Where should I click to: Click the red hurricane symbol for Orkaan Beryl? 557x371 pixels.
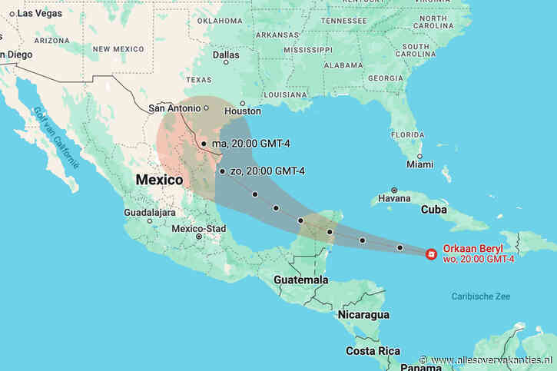coord(431,253)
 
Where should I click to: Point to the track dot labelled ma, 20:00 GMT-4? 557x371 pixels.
coord(203,144)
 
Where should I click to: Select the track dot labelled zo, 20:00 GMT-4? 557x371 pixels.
coord(221,171)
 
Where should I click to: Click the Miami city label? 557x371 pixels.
coord(420,164)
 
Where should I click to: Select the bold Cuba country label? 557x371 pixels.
coord(435,209)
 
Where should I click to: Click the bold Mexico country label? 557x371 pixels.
coord(159,180)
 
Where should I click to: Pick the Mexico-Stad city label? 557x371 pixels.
coord(198,228)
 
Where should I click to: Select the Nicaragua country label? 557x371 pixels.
coord(363,315)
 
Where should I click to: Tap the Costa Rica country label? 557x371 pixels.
coord(373,351)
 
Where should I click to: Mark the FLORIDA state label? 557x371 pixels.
coord(407,134)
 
